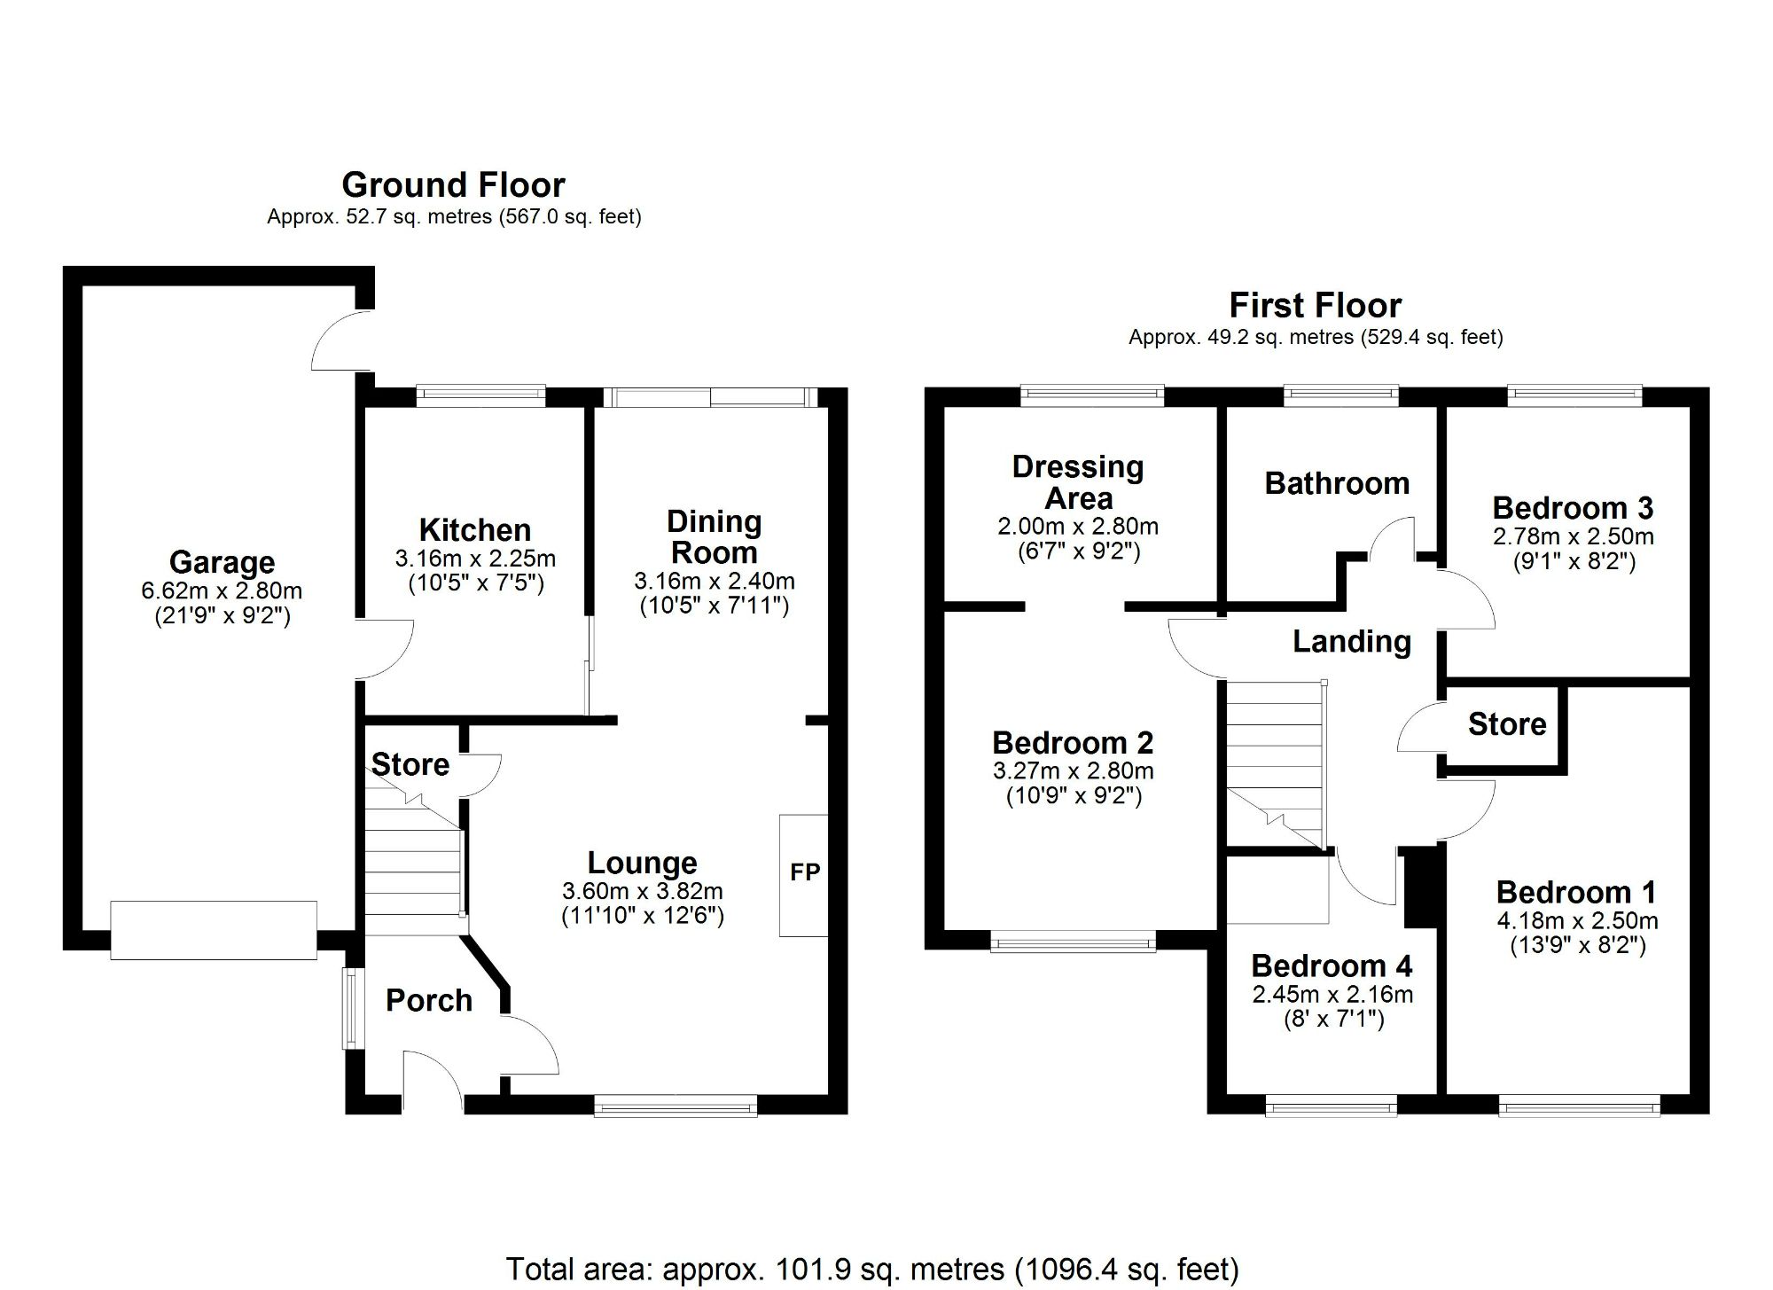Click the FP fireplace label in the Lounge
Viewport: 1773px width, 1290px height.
point(805,872)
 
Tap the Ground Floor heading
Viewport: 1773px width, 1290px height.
point(453,185)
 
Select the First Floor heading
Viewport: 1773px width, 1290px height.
point(1315,306)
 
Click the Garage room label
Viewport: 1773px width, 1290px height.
point(222,562)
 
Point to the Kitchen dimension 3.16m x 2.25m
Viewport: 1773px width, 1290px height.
point(475,559)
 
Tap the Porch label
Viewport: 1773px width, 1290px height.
point(429,1000)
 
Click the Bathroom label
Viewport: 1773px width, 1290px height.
point(1337,483)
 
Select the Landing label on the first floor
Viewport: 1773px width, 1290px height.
point(1351,641)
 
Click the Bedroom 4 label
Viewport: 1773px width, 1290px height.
point(1332,966)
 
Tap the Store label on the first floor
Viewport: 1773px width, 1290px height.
point(1506,724)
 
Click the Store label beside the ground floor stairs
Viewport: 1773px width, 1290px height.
point(410,764)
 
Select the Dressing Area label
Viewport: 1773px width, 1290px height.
point(1078,482)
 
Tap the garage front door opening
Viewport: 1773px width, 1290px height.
point(213,931)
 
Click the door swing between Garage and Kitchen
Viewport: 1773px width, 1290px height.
point(386,650)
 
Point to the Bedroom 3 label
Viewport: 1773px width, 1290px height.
point(1573,508)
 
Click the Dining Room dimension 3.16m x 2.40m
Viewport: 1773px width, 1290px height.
point(714,582)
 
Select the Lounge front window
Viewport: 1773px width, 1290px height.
point(675,1105)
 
